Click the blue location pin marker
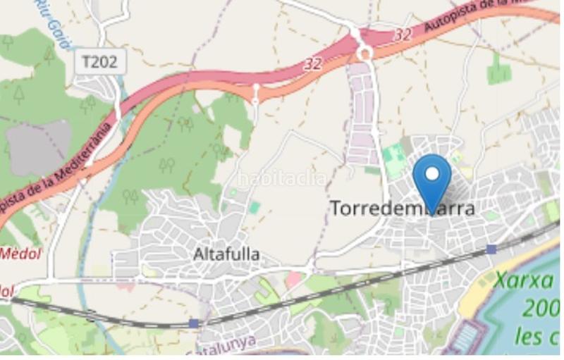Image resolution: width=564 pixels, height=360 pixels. (432, 180)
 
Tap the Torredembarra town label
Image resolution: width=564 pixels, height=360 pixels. (403, 209)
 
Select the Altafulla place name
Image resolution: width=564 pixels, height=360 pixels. (226, 254)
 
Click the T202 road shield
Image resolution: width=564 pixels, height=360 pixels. (100, 62)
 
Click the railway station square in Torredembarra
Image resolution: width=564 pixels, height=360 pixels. (491, 249)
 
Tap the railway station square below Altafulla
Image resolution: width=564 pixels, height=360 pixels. (194, 323)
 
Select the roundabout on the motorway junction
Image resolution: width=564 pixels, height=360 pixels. (364, 53)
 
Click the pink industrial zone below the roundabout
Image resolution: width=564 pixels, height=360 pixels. (364, 113)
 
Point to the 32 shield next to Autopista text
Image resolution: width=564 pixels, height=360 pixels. (403, 35)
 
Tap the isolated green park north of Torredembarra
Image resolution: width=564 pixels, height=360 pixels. (499, 70)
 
